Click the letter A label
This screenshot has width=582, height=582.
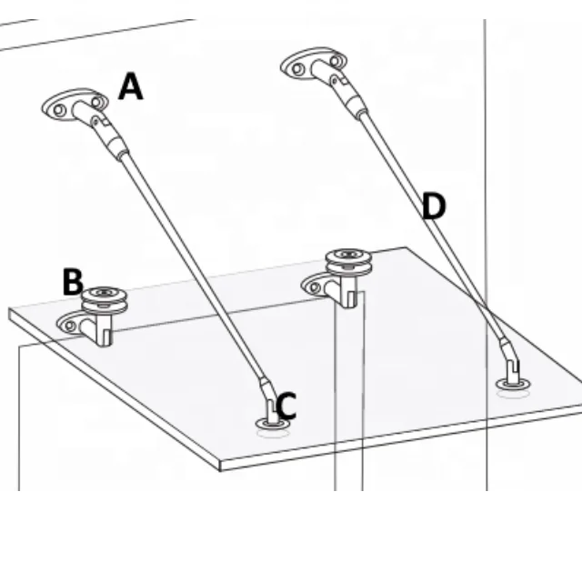pos(131,87)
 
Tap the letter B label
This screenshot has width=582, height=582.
pos(74,282)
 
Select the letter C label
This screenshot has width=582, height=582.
pos(286,406)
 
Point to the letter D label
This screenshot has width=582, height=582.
pos(435,207)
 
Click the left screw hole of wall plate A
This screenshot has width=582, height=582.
pos(59,110)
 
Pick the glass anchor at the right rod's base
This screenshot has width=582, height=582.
pos(513,377)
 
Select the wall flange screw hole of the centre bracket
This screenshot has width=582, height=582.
pos(316,287)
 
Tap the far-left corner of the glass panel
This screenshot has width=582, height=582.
pos(11,311)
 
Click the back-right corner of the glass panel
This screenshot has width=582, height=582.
pos(414,248)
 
